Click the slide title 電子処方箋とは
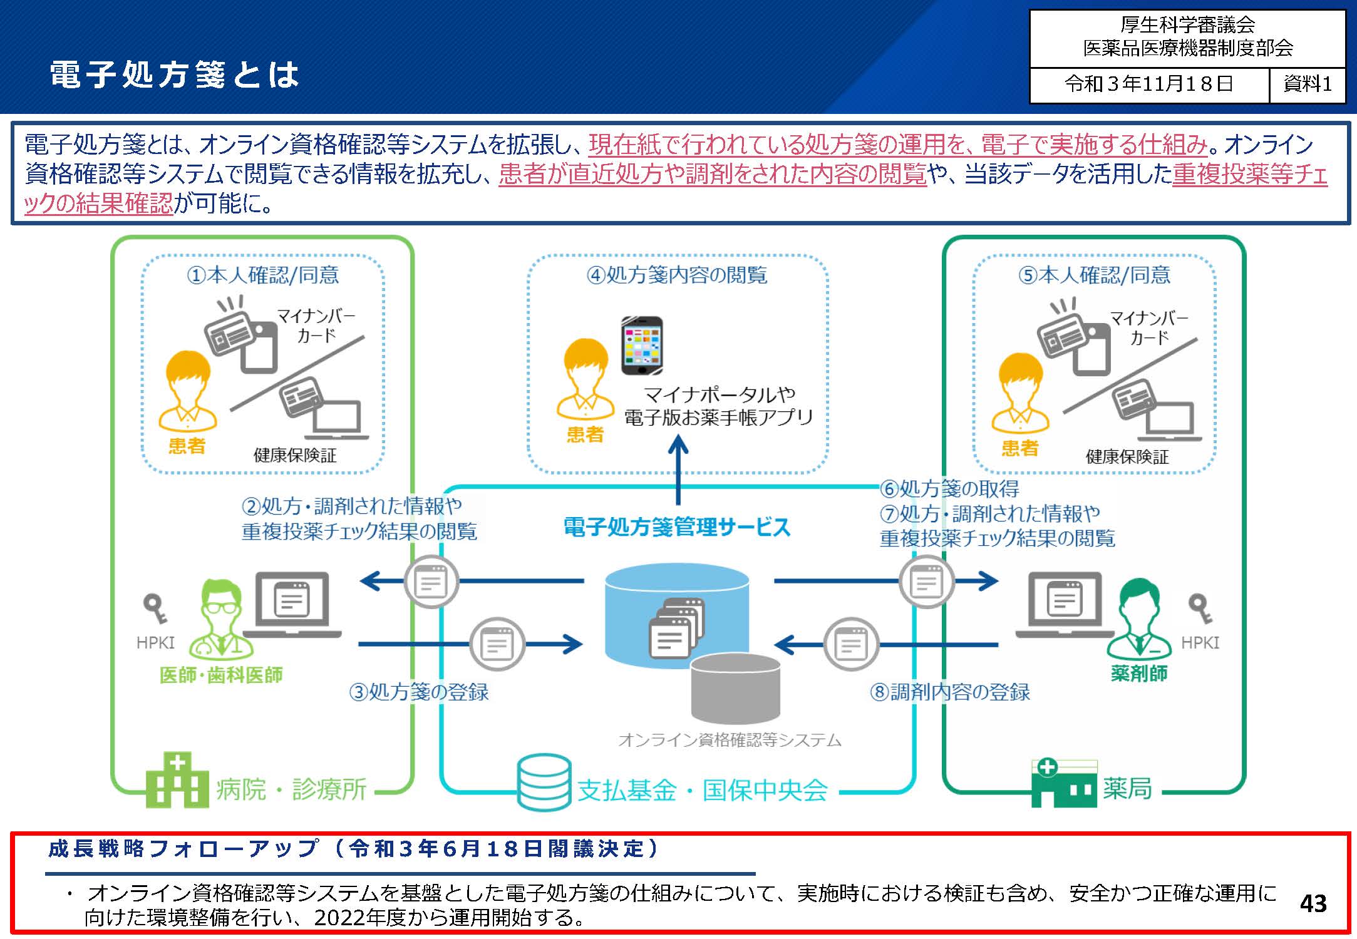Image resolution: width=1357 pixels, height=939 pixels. (174, 74)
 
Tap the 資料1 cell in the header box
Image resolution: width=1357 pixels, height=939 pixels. (1307, 84)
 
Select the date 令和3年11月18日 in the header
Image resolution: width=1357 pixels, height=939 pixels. (1148, 84)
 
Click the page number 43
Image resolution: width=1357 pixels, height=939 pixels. (1313, 903)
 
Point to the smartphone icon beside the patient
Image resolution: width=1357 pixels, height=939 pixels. (642, 346)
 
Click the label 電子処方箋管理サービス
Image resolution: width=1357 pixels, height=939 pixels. (677, 527)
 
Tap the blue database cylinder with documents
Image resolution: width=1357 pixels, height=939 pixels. (677, 617)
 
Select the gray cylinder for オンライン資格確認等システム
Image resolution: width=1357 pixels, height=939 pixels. (735, 689)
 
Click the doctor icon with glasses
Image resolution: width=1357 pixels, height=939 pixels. (220, 617)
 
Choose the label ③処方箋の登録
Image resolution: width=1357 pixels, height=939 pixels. (419, 692)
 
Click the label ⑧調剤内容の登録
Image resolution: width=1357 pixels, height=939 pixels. (949, 692)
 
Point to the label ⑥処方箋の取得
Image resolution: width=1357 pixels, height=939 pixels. (949, 488)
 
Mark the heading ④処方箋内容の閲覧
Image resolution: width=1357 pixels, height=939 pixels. (677, 275)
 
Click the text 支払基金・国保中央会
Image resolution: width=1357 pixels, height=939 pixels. (702, 791)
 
